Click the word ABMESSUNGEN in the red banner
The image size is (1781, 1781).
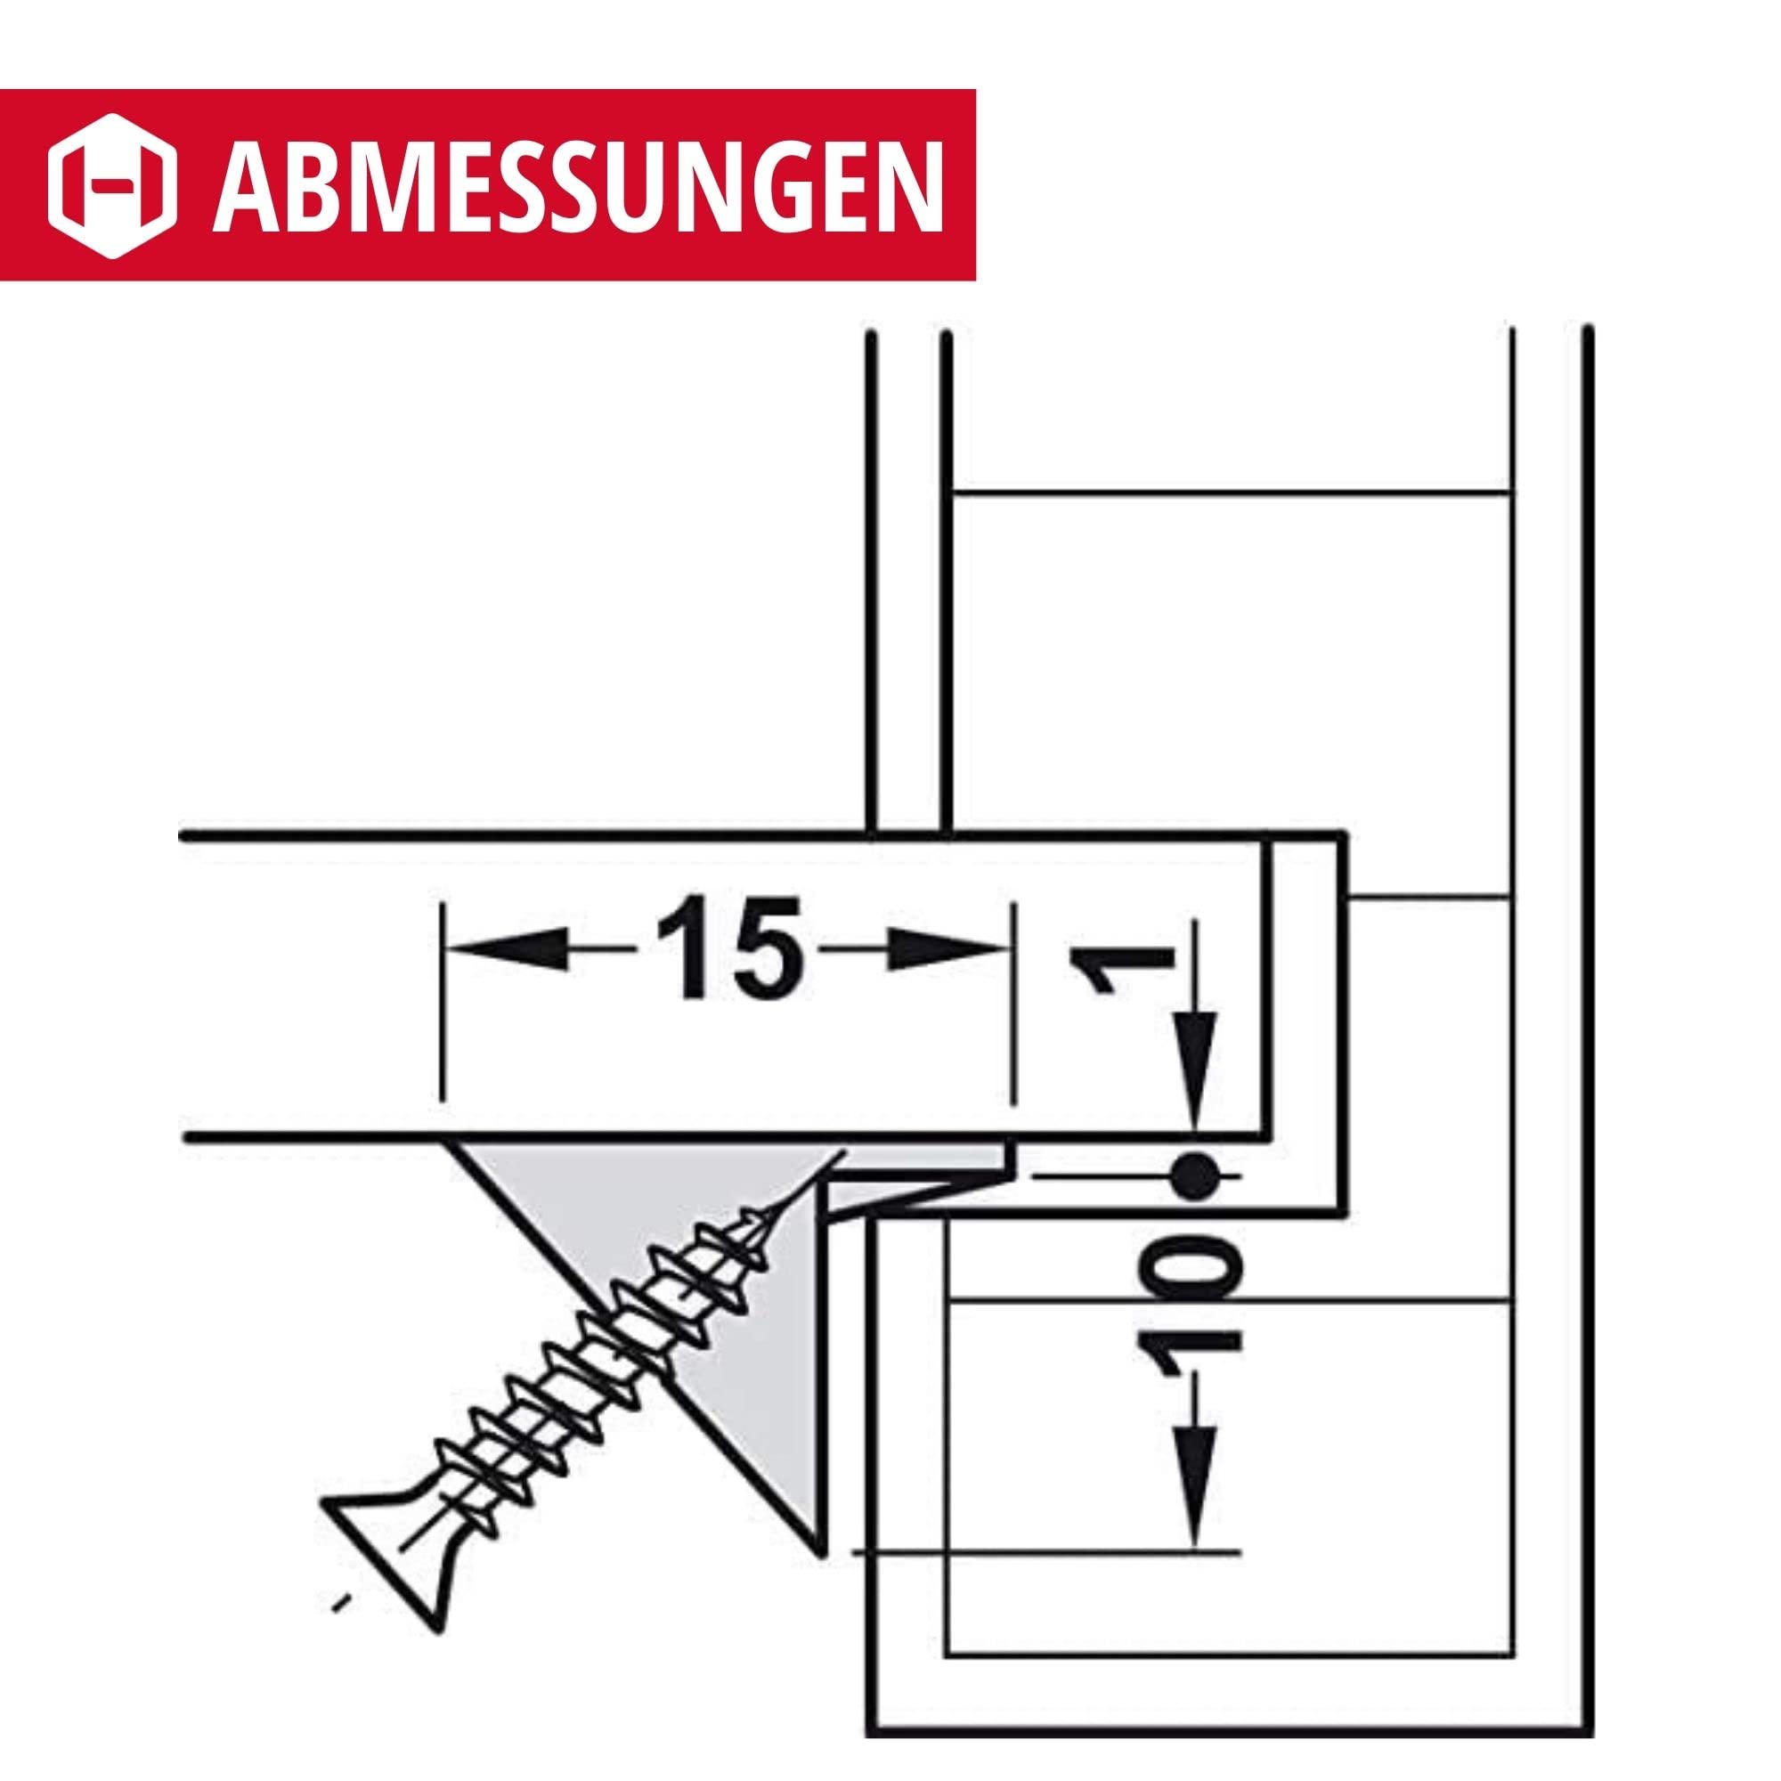[578, 184]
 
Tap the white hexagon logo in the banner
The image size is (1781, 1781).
[113, 184]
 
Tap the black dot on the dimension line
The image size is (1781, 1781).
[1197, 1177]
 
